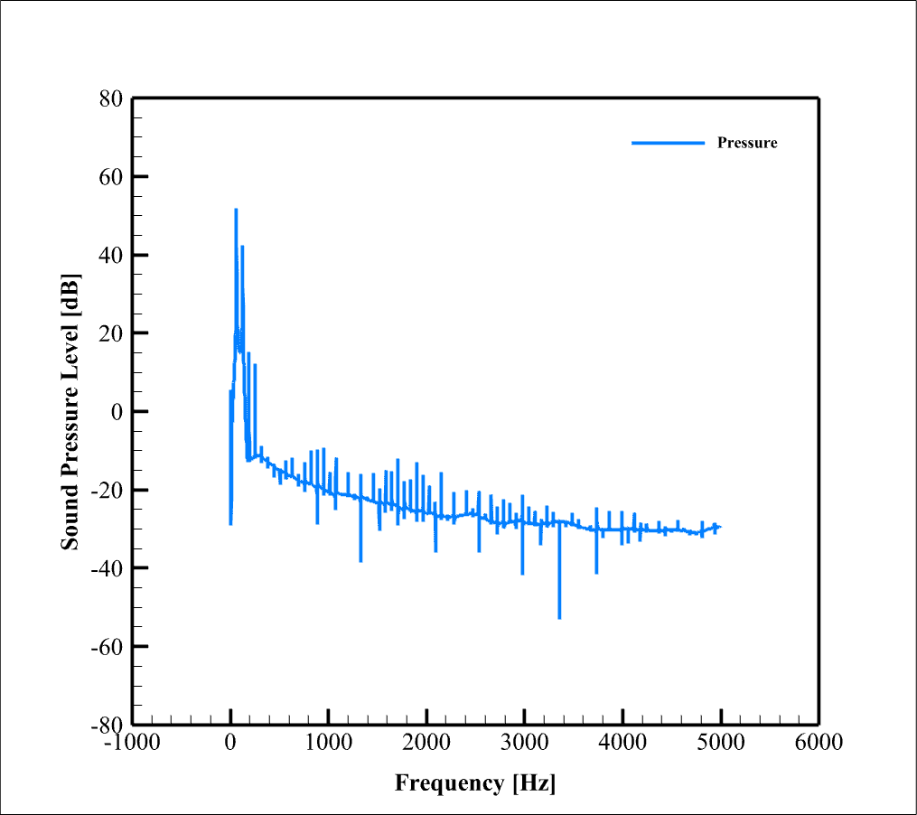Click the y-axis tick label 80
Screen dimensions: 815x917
(x=111, y=98)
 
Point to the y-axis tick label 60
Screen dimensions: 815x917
(x=111, y=176)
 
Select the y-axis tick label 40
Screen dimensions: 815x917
(x=111, y=255)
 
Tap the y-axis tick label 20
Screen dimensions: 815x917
(x=111, y=333)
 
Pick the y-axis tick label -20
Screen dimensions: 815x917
(x=107, y=490)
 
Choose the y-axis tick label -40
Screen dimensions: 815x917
(x=107, y=567)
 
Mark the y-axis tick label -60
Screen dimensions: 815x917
(x=107, y=646)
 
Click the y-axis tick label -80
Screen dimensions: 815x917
(x=107, y=724)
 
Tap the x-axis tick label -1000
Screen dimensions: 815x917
(x=132, y=743)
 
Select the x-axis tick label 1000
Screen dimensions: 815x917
(x=328, y=743)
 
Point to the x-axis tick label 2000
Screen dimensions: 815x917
(x=426, y=743)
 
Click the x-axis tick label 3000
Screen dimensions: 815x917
(x=524, y=743)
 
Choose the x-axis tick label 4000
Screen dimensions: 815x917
(x=622, y=743)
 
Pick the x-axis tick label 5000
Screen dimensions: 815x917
(x=720, y=743)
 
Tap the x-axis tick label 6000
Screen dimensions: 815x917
(x=819, y=743)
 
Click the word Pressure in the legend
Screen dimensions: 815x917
(x=747, y=143)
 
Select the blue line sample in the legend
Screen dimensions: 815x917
(x=668, y=143)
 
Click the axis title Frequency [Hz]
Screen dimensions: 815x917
(x=475, y=782)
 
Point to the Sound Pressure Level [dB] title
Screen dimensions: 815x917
(x=70, y=411)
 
